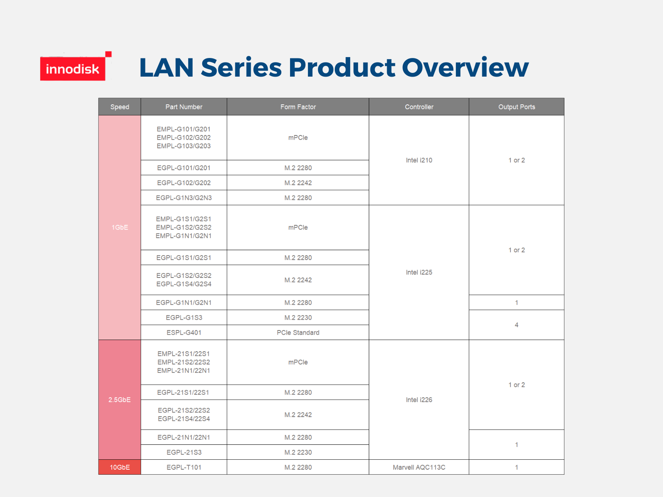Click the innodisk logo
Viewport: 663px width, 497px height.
pos(76,66)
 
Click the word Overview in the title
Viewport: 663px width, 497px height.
pos(465,67)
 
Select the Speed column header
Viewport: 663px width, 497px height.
pos(120,107)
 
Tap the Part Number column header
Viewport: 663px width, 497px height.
pos(184,107)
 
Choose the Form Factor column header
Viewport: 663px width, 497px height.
pos(298,107)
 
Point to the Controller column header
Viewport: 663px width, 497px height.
pos(419,107)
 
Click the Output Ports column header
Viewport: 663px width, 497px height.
pos(516,107)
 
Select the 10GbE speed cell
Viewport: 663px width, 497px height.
pos(120,467)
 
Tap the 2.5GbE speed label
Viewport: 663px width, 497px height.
pos(120,400)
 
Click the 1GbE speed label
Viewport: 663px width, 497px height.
pos(120,227)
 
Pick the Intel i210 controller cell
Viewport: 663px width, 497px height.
pos(419,160)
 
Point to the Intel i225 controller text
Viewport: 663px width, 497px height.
pos(419,272)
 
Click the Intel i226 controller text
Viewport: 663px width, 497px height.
pos(419,400)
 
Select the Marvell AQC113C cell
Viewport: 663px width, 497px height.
pos(419,467)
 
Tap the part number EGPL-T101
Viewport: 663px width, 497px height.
pos(184,467)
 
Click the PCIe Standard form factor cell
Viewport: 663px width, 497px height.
pos(298,333)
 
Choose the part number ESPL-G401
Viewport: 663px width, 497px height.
pos(184,333)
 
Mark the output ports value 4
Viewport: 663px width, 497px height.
pos(516,325)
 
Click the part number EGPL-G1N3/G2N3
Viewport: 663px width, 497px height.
pos(184,198)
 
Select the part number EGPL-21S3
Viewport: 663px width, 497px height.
pos(184,452)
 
